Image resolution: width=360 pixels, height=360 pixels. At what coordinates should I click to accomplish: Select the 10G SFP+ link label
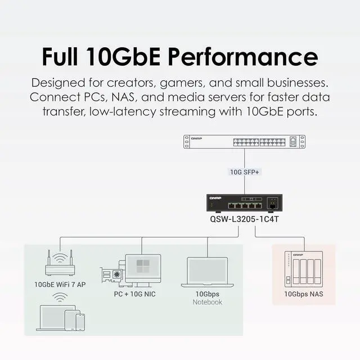pyautogui.click(x=244, y=172)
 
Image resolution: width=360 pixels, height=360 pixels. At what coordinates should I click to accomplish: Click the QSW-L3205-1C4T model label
pyautogui.click(x=244, y=220)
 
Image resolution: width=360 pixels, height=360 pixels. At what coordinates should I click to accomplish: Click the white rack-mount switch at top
pyautogui.click(x=244, y=142)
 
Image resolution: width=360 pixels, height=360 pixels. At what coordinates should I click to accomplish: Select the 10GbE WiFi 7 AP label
pyautogui.click(x=60, y=285)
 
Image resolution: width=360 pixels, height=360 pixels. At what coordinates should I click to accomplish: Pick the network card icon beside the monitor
pyautogui.click(x=112, y=274)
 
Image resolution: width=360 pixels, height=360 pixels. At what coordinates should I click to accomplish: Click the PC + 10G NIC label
pyautogui.click(x=135, y=294)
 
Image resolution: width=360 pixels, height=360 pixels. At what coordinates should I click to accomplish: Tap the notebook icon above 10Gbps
pyautogui.click(x=208, y=273)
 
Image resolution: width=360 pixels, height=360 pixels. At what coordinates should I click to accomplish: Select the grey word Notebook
pyautogui.click(x=208, y=302)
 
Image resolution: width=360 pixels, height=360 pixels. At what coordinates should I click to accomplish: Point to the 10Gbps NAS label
pyautogui.click(x=304, y=294)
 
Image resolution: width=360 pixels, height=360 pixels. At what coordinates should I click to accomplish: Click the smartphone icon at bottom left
pyautogui.click(x=80, y=322)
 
